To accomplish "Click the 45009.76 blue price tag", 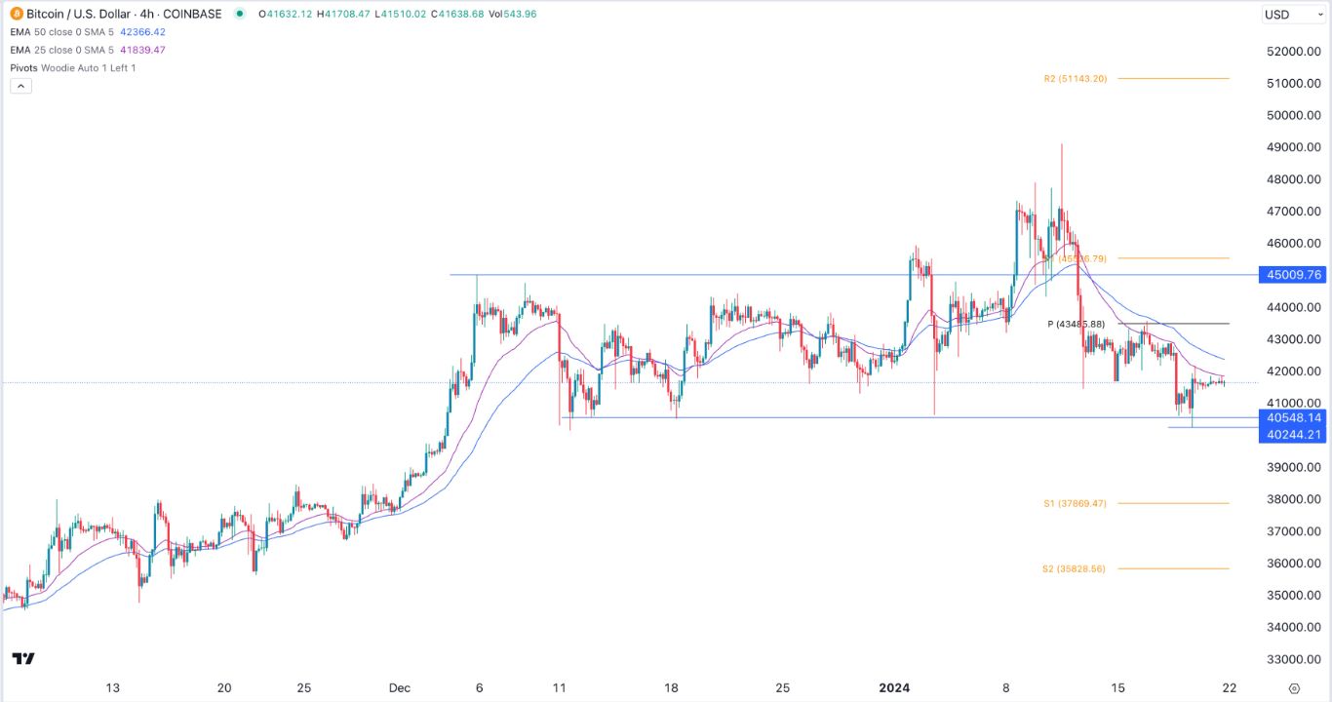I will click(x=1293, y=275).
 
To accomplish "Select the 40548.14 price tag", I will click(x=1293, y=417).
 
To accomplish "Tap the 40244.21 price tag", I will click(x=1293, y=434).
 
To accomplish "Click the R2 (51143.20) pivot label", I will click(x=1072, y=79).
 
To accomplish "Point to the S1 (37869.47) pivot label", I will click(x=1074, y=503).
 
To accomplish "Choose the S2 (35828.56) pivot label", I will click(x=1074, y=568).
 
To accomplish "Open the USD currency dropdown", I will click(x=1290, y=14).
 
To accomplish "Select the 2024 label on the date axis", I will click(x=894, y=687).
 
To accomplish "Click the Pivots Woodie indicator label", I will click(x=73, y=67).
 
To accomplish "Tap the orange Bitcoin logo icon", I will click(x=17, y=14).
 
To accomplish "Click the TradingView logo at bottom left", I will click(x=23, y=659).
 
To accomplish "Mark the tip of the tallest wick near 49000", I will click(x=1061, y=144).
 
